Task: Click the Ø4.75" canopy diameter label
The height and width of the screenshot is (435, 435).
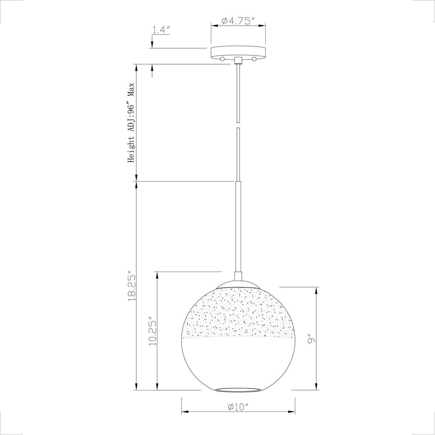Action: [x=238, y=21]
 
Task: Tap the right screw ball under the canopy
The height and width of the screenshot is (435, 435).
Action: [x=254, y=59]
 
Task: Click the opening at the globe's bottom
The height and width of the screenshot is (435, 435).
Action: [x=238, y=389]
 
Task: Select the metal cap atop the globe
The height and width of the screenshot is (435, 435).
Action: [x=238, y=284]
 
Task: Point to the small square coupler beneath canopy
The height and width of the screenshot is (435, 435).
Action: [x=238, y=60]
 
